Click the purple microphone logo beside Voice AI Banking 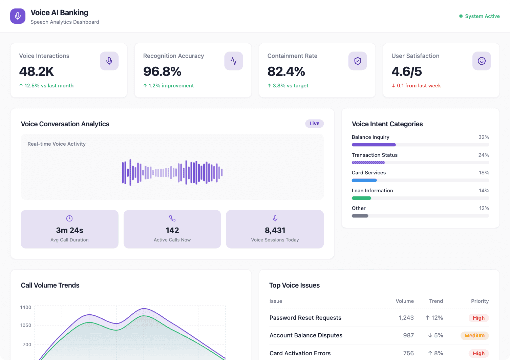point(18,16)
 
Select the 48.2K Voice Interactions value point(36,71)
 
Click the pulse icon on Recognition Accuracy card point(233,61)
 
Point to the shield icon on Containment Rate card point(357,61)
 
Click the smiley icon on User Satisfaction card point(481,61)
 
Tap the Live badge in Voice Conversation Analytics point(314,124)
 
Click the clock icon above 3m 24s point(69,218)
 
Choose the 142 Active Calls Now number point(172,230)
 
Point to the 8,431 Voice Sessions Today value point(275,230)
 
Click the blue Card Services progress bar point(364,180)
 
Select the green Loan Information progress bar point(361,198)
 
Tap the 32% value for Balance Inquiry point(483,137)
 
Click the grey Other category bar point(360,216)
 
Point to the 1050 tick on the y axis point(26,325)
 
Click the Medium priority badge point(474,336)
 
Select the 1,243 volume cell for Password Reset point(406,318)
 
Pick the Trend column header point(436,301)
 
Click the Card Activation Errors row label point(300,353)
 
